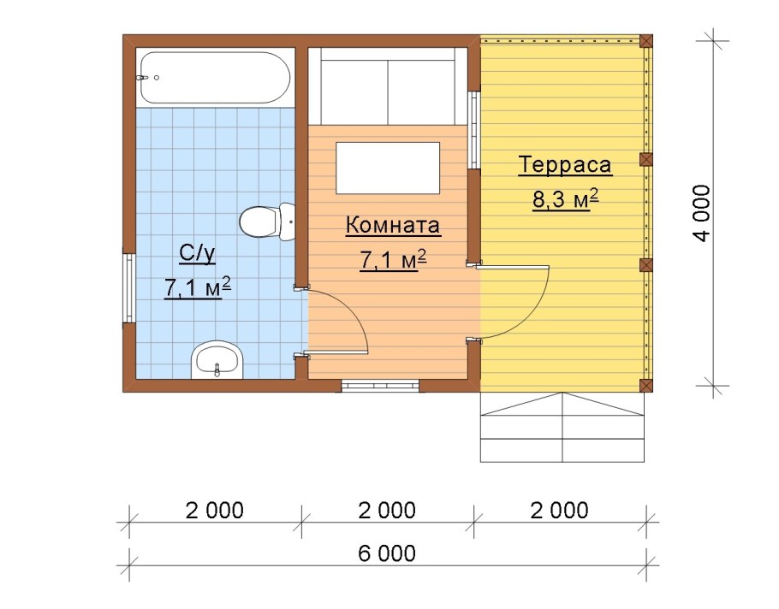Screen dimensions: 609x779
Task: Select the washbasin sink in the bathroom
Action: pos(217,361)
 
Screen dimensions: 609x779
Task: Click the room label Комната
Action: pos(393,226)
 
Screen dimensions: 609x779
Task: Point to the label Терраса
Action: pos(564,165)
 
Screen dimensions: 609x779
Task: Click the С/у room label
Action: pos(197,252)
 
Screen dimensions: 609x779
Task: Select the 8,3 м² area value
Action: pos(564,199)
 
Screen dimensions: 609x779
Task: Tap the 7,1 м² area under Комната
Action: pos(393,260)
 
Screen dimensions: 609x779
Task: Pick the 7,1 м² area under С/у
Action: pos(197,287)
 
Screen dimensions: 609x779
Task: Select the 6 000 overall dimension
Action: pos(387,553)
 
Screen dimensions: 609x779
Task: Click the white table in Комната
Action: pos(388,169)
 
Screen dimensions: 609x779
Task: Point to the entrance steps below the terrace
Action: pos(562,428)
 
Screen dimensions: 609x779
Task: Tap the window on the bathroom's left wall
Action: pos(128,287)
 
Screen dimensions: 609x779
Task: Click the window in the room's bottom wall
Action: pos(380,386)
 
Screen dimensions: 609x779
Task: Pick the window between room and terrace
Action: pos(473,128)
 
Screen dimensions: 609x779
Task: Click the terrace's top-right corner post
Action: pos(646,40)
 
